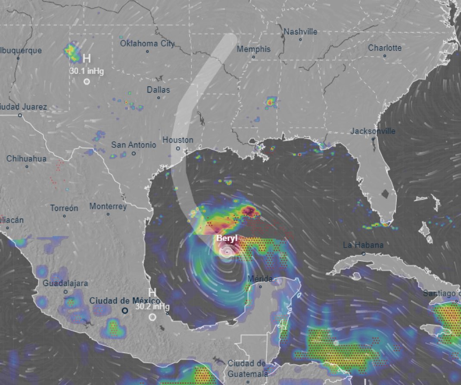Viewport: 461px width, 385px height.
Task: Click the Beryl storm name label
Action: click(x=227, y=238)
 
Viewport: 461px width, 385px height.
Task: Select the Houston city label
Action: click(x=178, y=140)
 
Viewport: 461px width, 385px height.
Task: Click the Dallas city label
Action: click(x=158, y=90)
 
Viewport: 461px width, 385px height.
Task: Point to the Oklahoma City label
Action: click(x=147, y=43)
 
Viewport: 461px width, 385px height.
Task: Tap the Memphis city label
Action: click(x=253, y=49)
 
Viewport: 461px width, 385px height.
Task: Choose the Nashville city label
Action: click(x=300, y=32)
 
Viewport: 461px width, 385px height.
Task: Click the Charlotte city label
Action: click(x=384, y=47)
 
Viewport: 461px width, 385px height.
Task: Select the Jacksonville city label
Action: click(x=373, y=131)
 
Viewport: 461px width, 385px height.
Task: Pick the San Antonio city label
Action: click(x=134, y=145)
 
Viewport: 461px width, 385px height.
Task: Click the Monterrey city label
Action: click(x=108, y=206)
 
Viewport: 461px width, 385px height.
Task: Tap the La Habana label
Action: click(x=363, y=245)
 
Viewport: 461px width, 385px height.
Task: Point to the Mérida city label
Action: click(x=260, y=279)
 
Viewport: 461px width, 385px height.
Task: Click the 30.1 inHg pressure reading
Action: click(x=87, y=71)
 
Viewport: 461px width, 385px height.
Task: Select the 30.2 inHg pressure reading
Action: click(x=152, y=306)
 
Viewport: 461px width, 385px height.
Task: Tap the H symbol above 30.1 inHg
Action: click(x=87, y=58)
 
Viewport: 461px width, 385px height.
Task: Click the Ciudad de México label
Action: click(x=125, y=300)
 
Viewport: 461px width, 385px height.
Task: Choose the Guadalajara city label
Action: click(x=65, y=283)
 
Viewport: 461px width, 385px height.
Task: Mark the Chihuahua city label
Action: click(x=26, y=158)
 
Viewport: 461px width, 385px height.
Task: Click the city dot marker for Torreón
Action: click(x=64, y=216)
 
